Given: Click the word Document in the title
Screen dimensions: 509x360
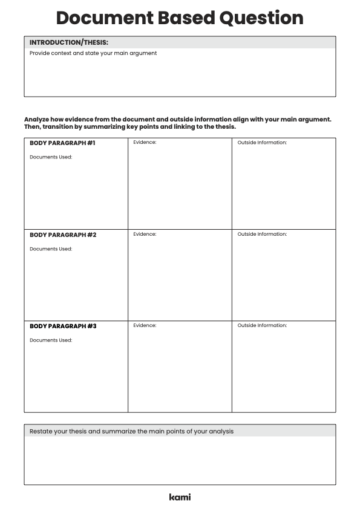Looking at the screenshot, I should pyautogui.click(x=97, y=18).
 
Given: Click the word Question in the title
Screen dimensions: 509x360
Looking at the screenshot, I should pyautogui.click(x=261, y=18).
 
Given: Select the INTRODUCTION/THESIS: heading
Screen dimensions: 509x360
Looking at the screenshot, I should pyautogui.click(x=69, y=42).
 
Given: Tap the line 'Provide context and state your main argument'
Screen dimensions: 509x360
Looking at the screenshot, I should pyautogui.click(x=93, y=53).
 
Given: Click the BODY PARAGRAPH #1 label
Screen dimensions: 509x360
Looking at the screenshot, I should pyautogui.click(x=63, y=143).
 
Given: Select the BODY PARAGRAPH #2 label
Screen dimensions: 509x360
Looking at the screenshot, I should pyautogui.click(x=63, y=235).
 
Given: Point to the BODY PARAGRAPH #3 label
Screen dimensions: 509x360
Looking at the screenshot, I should pyautogui.click(x=63, y=326).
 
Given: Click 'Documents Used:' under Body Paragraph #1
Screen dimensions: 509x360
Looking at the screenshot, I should pyautogui.click(x=51, y=157).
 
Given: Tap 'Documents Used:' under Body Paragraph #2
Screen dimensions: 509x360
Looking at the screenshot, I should pyautogui.click(x=51, y=248).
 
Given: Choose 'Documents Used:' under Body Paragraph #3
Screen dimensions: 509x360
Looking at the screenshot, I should pyautogui.click(x=51, y=340).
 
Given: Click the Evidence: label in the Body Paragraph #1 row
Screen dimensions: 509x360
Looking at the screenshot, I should pyautogui.click(x=145, y=143).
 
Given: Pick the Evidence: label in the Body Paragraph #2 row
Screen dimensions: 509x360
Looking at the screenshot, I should pyautogui.click(x=145, y=234).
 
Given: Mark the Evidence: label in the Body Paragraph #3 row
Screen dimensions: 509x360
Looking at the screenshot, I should pyautogui.click(x=145, y=325).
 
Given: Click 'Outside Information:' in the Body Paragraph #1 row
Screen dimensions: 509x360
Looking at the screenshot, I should pyautogui.click(x=262, y=143).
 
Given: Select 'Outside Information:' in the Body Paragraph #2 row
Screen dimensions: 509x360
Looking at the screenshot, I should pyautogui.click(x=262, y=234).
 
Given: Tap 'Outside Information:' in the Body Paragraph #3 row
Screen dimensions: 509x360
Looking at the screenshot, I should pyautogui.click(x=262, y=325).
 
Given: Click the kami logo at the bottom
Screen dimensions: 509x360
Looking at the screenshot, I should pyautogui.click(x=180, y=497).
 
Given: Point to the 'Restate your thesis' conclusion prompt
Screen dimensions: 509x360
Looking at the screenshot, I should pyautogui.click(x=131, y=431).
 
